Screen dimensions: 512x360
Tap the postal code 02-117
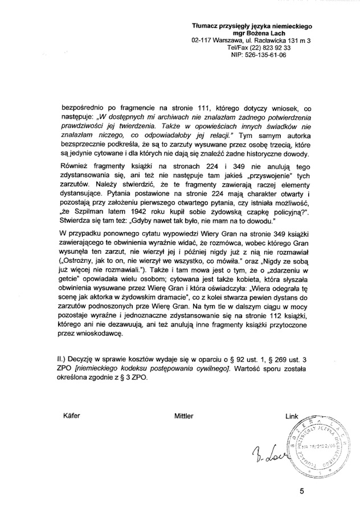[204, 41]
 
